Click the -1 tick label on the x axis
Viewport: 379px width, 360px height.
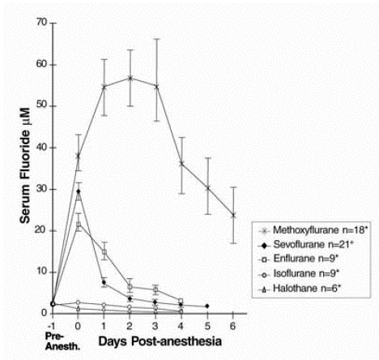[52, 324]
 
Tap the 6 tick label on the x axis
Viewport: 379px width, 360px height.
[233, 324]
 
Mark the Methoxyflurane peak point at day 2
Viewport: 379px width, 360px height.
[130, 78]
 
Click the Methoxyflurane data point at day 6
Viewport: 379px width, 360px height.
[234, 215]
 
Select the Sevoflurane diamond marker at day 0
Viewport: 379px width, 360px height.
[79, 191]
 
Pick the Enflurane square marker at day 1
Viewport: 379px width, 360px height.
[104, 252]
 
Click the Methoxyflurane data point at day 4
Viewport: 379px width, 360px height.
[182, 163]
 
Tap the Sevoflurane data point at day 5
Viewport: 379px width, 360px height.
[208, 306]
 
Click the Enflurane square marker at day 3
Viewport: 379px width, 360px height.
[156, 289]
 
